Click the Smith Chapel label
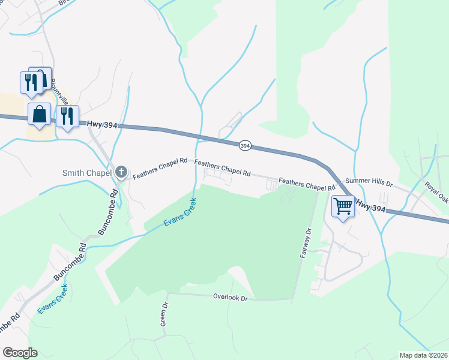pyautogui.click(x=87, y=173)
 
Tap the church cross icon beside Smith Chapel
pyautogui.click(x=121, y=173)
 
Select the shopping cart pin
pyautogui.click(x=343, y=206)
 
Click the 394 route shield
pyautogui.click(x=244, y=145)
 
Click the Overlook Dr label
pyautogui.click(x=231, y=297)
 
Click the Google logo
pyautogui.click(x=20, y=353)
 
